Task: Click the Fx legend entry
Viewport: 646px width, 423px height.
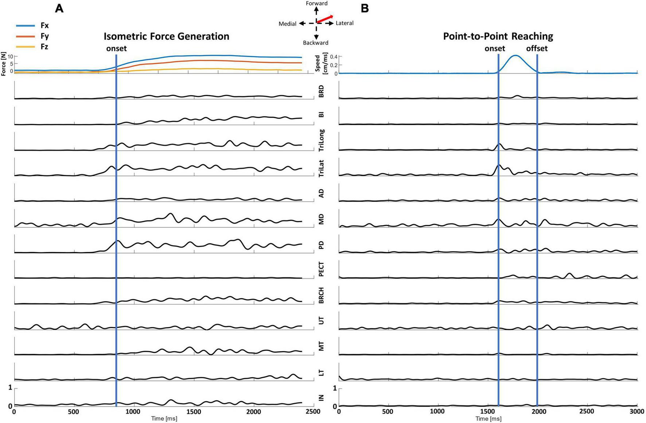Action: coord(44,26)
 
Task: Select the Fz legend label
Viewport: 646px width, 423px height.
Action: coord(44,47)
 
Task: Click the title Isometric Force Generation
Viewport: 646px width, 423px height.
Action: coord(166,36)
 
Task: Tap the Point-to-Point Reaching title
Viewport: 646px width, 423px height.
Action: coord(498,36)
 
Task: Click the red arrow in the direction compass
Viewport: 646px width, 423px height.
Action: coord(324,19)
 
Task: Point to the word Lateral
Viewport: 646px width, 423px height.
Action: coord(344,23)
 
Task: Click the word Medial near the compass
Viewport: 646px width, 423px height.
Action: coord(287,24)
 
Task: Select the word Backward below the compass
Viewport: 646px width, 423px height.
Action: coord(315,43)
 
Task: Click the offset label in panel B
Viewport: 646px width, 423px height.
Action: coord(536,49)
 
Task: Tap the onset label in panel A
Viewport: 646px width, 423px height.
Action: coord(116,49)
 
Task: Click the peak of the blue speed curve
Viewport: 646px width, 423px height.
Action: coord(515,55)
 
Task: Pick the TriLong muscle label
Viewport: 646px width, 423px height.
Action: coord(321,141)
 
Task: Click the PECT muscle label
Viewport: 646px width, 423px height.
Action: coord(321,269)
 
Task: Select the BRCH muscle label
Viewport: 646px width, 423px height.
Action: coord(321,296)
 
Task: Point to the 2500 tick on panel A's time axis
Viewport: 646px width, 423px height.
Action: coord(313,412)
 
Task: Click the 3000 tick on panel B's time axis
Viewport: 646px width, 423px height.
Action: coord(637,412)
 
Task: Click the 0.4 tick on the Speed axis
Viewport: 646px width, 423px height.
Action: coord(333,57)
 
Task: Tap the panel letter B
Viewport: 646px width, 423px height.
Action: coord(365,8)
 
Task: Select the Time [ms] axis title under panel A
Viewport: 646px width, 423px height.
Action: coord(164,419)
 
